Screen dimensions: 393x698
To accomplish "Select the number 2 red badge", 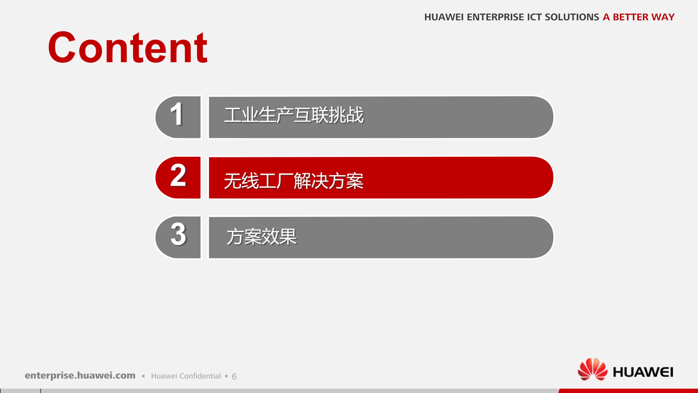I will click(x=178, y=177).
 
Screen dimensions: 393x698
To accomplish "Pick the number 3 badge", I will click(x=178, y=237).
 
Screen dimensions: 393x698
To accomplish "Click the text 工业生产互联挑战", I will click(x=294, y=115).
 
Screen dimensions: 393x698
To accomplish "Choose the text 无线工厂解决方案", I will click(x=294, y=181).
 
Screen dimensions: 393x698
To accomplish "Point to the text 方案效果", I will click(x=261, y=237).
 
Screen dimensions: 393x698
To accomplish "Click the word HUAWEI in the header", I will click(x=444, y=17).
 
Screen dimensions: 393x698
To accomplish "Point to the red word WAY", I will click(x=663, y=17).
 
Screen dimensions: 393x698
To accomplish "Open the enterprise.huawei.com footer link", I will click(x=80, y=376).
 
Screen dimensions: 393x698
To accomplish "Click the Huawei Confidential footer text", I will click(x=186, y=376).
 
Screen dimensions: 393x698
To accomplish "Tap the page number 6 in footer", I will click(x=234, y=376).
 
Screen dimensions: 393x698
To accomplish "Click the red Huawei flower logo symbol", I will click(x=592, y=369).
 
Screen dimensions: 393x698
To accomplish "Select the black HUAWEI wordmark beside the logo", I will click(x=643, y=372).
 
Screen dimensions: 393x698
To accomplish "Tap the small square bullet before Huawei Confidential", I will click(x=143, y=376).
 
